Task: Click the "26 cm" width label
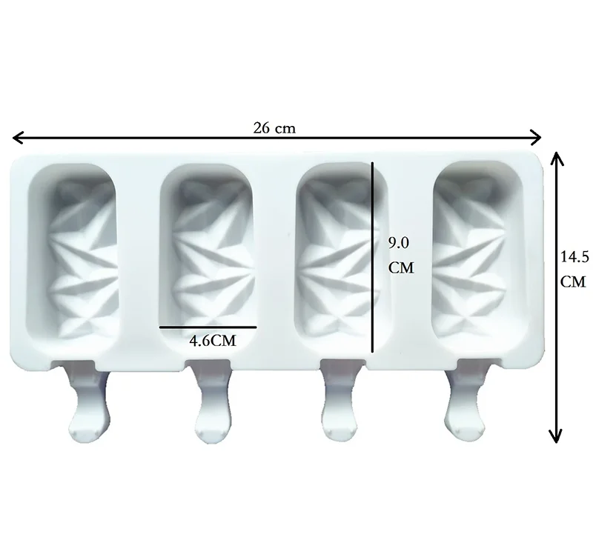274,128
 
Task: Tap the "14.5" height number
574,257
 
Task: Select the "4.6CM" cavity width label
212,341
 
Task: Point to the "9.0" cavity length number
399,243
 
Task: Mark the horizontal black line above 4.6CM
208,327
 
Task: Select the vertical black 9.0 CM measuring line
373,257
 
